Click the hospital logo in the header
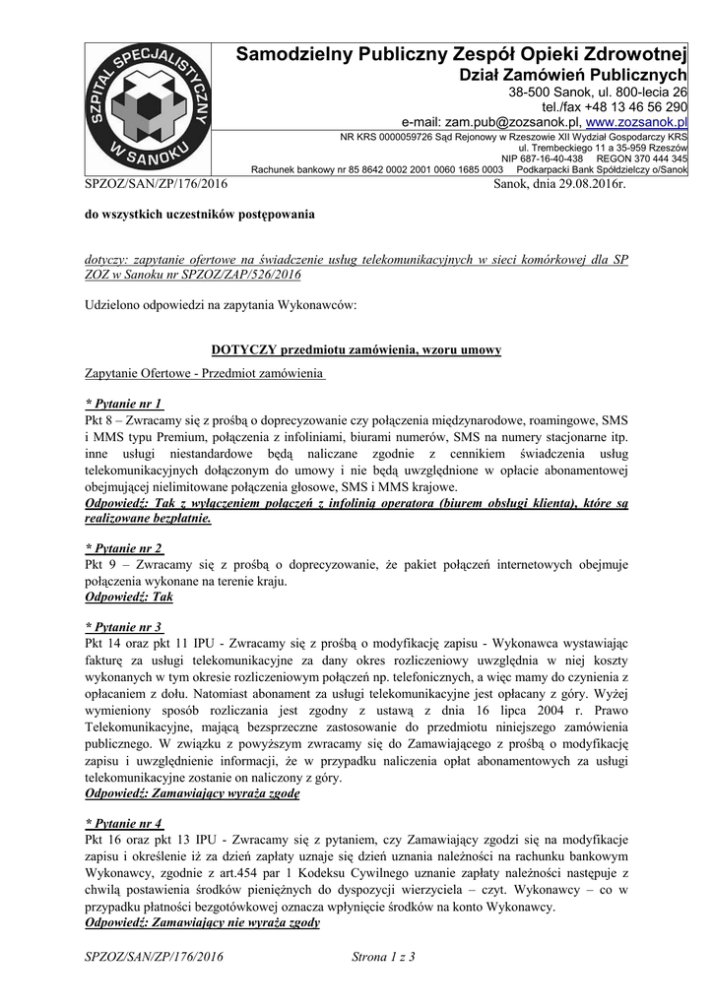[x=147, y=109]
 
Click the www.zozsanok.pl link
[x=636, y=121]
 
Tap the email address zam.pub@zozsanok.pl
[x=511, y=121]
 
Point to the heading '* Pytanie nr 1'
[x=125, y=404]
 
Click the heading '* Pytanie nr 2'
[x=125, y=547]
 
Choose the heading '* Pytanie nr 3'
[x=125, y=627]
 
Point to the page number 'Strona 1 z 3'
[x=384, y=956]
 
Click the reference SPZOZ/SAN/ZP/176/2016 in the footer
[x=156, y=956]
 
